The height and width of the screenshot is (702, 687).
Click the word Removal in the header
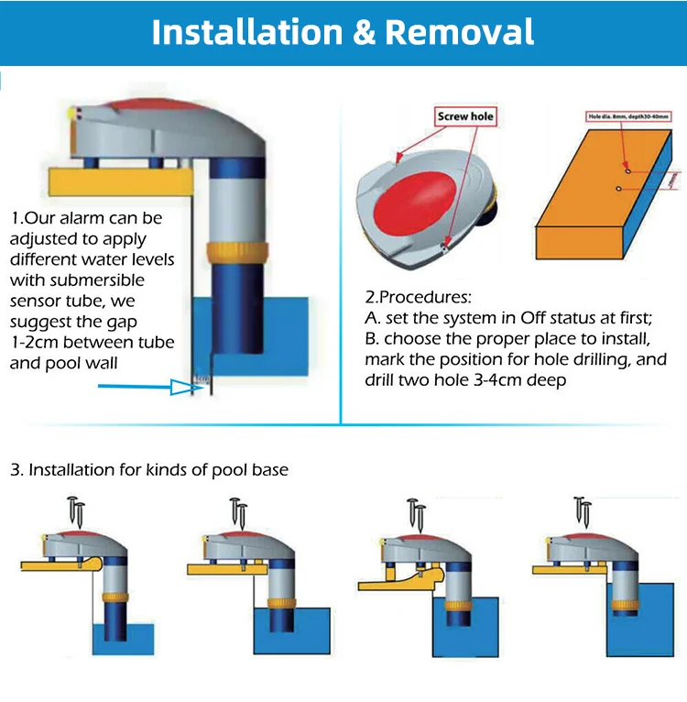click(x=460, y=33)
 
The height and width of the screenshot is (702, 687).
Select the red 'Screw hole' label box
click(x=463, y=116)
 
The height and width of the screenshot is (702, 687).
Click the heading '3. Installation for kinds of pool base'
click(x=149, y=470)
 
